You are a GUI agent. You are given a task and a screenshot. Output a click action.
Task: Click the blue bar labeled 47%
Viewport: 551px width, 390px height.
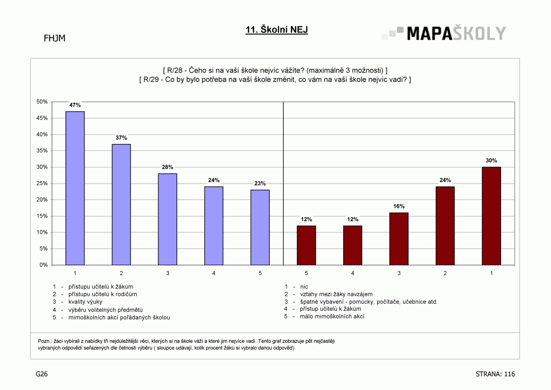coord(75,188)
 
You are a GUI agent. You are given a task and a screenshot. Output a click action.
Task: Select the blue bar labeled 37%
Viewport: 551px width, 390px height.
coord(121,204)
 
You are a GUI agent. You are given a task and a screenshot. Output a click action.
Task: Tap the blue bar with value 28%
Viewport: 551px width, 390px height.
coord(168,219)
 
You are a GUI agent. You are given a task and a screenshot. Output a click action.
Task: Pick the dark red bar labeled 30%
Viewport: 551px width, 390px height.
coord(491,216)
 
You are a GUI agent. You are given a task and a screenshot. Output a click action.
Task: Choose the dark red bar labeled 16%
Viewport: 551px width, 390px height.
coord(399,239)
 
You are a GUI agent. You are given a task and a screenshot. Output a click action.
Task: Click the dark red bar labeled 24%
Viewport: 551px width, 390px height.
coord(445,226)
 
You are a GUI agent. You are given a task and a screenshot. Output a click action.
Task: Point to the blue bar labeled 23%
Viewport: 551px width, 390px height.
coord(260,227)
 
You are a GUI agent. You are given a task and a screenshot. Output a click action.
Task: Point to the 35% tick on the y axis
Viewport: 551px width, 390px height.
coord(42,150)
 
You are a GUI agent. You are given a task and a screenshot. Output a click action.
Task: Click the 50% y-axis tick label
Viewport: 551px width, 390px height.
coord(42,102)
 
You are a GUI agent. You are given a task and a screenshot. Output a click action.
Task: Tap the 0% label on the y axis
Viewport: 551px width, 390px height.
coord(43,265)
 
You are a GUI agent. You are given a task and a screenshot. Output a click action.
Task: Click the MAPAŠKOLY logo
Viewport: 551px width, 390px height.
coord(444,33)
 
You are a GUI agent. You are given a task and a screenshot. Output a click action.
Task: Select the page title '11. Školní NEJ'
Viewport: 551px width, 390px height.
coord(277,30)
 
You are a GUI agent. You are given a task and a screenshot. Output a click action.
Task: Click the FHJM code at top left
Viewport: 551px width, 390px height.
coord(55,38)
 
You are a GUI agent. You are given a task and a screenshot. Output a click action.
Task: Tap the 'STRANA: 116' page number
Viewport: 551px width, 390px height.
coord(495,374)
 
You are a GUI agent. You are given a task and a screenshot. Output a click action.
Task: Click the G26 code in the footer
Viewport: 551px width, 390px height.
coord(41,374)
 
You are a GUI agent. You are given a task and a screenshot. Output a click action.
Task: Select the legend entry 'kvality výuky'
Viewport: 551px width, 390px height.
coord(85,302)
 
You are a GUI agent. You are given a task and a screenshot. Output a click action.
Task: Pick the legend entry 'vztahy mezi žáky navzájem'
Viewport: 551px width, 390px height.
coord(336,294)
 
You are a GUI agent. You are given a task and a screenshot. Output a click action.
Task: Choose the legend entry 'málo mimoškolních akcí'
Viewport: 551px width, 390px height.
coord(332,316)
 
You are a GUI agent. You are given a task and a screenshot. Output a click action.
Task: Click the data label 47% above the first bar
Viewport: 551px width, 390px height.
coord(75,105)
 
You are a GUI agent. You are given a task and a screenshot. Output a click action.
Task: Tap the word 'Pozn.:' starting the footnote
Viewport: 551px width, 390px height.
coord(45,341)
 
